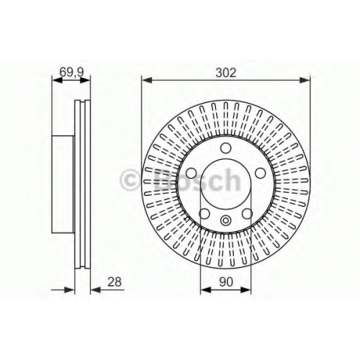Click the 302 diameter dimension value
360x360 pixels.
(x=226, y=73)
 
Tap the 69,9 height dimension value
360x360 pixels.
(x=71, y=72)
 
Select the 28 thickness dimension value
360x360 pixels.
(x=114, y=282)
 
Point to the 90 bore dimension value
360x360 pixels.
(x=226, y=282)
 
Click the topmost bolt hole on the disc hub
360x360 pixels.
(x=225, y=148)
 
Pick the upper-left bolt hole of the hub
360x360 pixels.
(x=192, y=173)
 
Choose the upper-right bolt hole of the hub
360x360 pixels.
(x=260, y=173)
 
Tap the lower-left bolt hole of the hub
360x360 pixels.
(x=204, y=213)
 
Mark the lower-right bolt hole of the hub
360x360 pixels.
(x=247, y=213)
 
